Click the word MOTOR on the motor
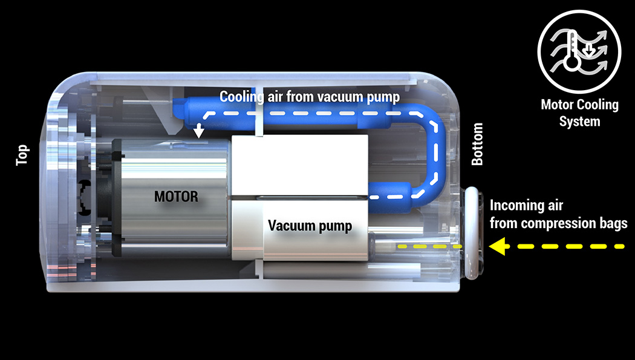tap(176, 197)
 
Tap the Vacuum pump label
tap(310, 226)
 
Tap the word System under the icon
tap(579, 121)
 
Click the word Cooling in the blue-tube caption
tap(241, 96)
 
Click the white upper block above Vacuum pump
tap(299, 163)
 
